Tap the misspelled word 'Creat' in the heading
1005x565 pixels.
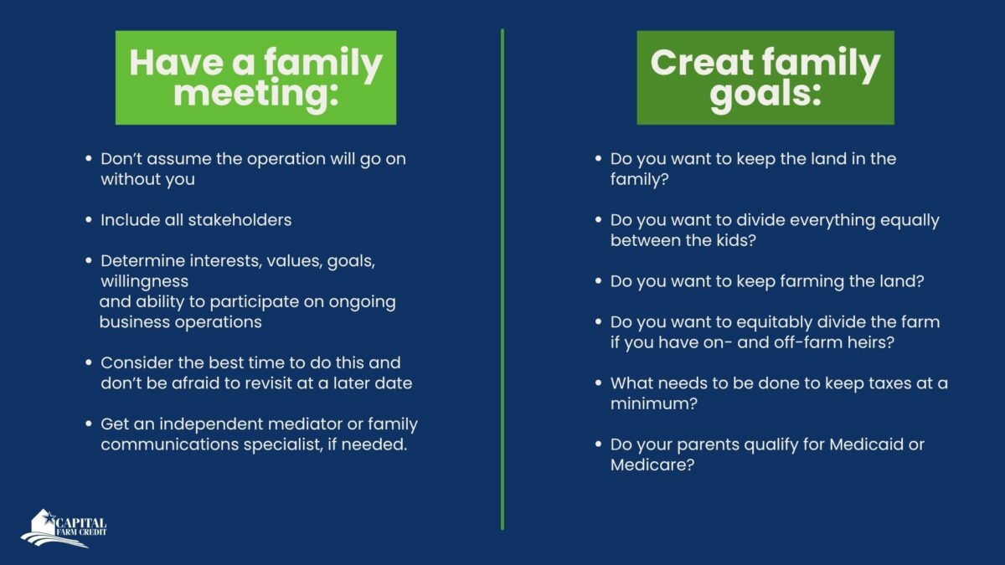(702, 62)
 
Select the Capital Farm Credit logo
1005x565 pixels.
(64, 528)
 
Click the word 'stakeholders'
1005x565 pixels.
(240, 220)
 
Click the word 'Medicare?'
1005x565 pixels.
(652, 465)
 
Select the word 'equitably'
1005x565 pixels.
(774, 323)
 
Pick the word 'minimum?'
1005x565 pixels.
(654, 403)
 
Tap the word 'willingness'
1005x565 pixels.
(144, 282)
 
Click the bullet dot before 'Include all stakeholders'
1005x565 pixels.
(89, 220)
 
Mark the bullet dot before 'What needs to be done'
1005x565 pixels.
(598, 383)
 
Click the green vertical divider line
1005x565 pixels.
(502, 280)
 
